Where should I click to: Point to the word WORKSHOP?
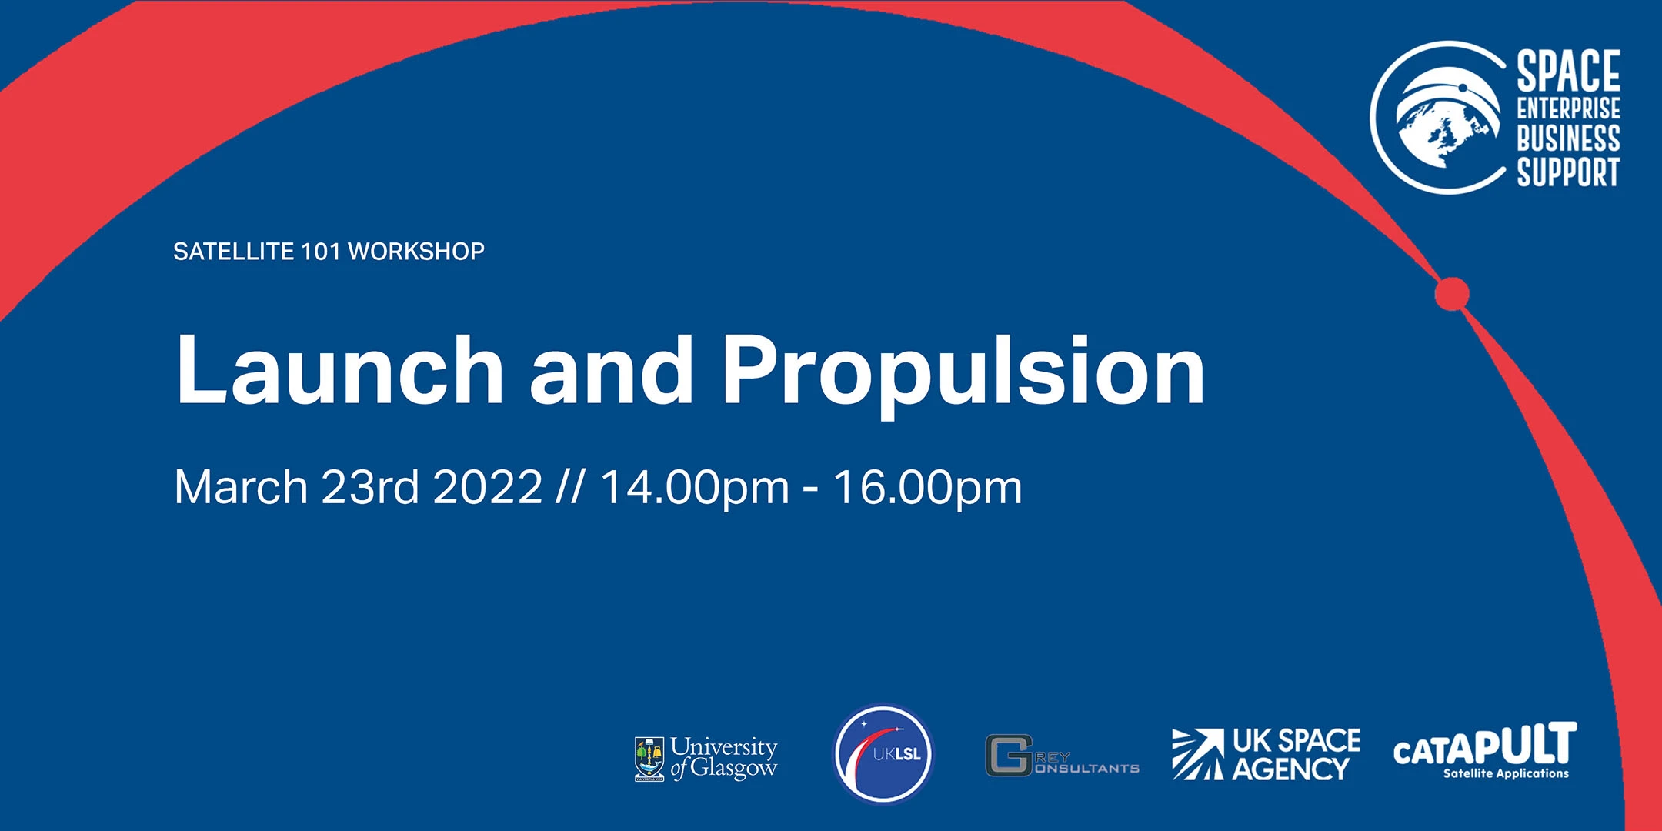point(416,252)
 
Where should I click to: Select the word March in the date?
point(241,487)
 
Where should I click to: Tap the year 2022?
point(488,487)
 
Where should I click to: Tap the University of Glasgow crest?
point(649,759)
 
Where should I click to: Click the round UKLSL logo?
point(883,754)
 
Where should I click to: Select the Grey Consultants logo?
point(1062,755)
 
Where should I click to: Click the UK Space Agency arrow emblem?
point(1198,754)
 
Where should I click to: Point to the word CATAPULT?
point(1485,745)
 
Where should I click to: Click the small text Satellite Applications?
point(1506,773)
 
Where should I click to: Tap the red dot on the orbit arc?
point(1452,293)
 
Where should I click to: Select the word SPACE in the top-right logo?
point(1568,71)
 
